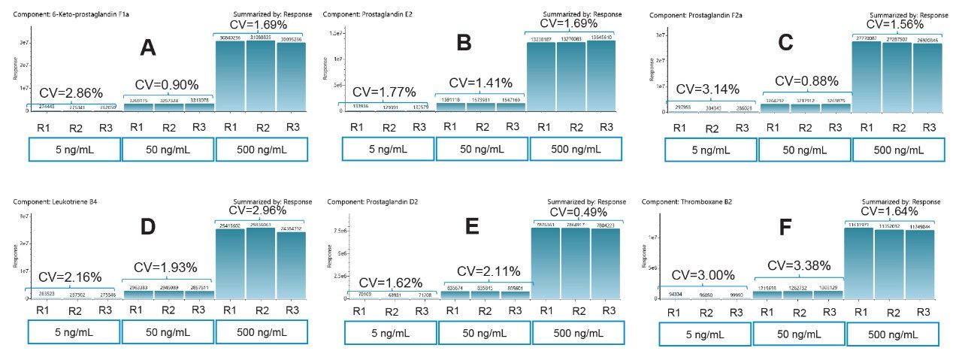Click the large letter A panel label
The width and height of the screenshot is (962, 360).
coord(149,49)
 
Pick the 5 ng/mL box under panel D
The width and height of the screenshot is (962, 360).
coord(74,332)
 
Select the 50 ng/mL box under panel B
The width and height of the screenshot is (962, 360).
coord(482,149)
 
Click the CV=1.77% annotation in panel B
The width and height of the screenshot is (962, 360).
coord(384,92)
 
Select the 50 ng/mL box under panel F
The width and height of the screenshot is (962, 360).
coord(798,333)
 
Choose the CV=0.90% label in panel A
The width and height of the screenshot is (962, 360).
coord(167,83)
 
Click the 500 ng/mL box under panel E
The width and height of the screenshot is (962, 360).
coord(576,332)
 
